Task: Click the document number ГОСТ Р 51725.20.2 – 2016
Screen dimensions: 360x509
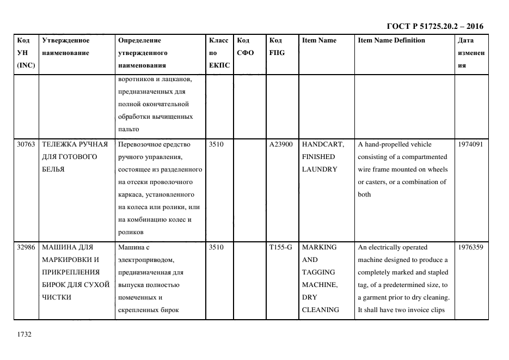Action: point(434,26)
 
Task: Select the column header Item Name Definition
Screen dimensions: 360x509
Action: point(391,40)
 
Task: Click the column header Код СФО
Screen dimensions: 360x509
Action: point(245,47)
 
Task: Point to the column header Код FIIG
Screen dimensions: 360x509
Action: point(277,47)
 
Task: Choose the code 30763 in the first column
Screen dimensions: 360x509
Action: point(26,144)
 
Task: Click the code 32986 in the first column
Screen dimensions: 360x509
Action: point(26,247)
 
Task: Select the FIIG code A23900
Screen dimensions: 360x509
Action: point(281,144)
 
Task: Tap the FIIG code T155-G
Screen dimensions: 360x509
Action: point(280,247)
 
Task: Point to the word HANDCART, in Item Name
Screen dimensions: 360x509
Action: point(322,144)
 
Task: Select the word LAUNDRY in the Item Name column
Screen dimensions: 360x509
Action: point(319,169)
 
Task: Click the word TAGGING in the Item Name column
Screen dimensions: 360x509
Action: point(318,272)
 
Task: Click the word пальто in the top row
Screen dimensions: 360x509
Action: point(128,129)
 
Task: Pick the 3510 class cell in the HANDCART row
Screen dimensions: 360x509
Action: point(216,144)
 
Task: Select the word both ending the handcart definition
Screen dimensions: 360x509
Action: point(364,194)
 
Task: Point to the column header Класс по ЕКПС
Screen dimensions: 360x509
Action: point(219,53)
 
